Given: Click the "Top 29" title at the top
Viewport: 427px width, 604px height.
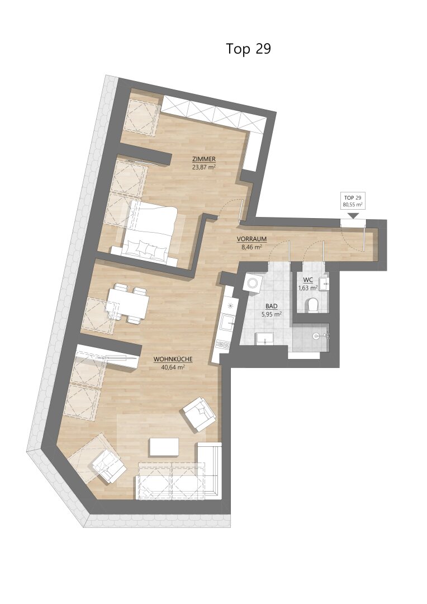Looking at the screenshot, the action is click(248, 49).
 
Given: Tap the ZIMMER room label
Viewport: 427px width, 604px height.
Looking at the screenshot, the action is click(204, 159).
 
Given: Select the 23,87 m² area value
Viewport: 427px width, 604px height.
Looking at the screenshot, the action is click(204, 167).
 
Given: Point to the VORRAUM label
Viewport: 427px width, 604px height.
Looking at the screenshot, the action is click(252, 239).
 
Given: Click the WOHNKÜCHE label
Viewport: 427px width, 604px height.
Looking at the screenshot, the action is click(173, 359).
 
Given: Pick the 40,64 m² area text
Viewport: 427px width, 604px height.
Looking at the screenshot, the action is click(173, 367).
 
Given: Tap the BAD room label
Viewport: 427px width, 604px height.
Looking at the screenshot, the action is click(272, 306).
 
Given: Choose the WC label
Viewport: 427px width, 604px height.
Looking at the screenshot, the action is click(307, 279).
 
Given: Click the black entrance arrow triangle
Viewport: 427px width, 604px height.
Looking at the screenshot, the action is click(353, 215).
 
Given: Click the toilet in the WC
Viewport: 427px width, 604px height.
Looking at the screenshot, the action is click(312, 304).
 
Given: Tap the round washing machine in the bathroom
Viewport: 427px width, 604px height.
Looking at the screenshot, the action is click(254, 283).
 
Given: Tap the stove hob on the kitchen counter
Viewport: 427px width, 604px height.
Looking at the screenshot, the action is click(224, 343).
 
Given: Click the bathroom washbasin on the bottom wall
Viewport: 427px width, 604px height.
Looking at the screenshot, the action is click(264, 338).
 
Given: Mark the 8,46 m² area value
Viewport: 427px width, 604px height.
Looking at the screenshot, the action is click(252, 247).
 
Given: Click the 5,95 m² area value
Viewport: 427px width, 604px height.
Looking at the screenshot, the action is click(272, 314).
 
